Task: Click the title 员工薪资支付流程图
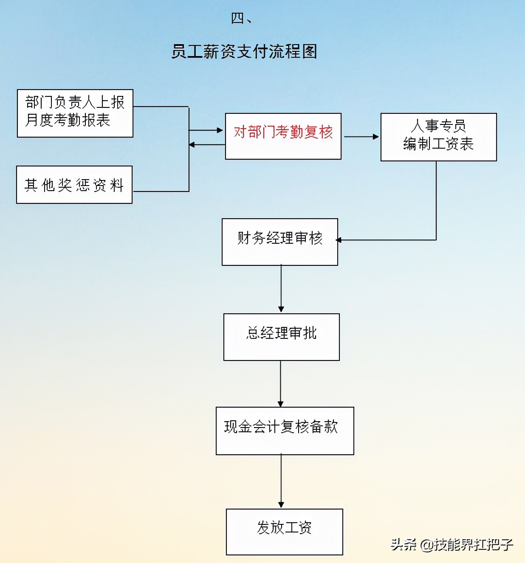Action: click(244, 51)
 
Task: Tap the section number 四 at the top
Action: click(237, 18)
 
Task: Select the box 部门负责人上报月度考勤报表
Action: click(75, 113)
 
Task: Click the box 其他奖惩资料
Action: click(74, 185)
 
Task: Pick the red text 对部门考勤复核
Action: click(283, 132)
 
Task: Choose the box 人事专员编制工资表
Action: click(438, 137)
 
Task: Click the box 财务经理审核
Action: click(280, 242)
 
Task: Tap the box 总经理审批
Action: click(281, 337)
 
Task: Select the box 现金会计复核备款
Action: click(285, 431)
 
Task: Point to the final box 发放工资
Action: click(284, 532)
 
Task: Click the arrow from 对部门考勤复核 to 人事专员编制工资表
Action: click(361, 137)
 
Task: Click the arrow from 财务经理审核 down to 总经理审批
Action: click(281, 289)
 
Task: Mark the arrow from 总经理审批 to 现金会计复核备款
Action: click(280, 383)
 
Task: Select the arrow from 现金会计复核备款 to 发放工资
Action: click(281, 481)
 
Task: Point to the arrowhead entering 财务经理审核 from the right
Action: click(339, 240)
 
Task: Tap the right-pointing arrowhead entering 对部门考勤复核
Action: click(220, 130)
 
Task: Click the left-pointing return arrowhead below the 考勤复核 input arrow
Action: click(192, 145)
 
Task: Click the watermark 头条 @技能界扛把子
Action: click(452, 544)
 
